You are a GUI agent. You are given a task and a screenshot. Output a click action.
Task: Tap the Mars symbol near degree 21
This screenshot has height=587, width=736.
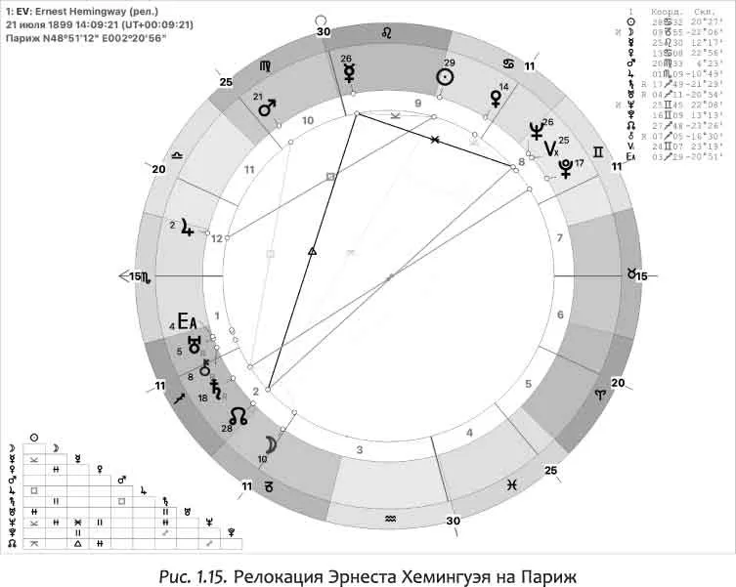click(267, 109)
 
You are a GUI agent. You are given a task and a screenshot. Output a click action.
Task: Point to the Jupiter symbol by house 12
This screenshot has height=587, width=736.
click(186, 228)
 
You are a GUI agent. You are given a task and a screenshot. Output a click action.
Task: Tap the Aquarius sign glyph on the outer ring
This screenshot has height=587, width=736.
click(390, 517)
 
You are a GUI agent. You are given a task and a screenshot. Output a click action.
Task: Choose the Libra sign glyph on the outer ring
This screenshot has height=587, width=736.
click(177, 154)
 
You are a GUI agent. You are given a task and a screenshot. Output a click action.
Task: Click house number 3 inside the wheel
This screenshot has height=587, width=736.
click(360, 449)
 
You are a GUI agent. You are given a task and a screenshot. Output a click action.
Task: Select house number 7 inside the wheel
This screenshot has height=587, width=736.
click(559, 237)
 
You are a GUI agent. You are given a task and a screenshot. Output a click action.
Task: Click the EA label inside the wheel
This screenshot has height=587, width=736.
click(187, 321)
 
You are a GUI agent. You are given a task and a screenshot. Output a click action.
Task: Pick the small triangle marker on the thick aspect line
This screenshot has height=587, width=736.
click(312, 252)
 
